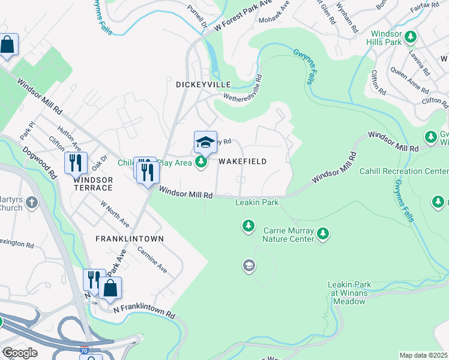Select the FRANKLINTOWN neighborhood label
(x=130, y=238)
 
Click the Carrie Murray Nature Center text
(x=289, y=234)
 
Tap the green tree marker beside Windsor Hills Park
(x=411, y=38)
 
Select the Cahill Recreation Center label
(x=403, y=171)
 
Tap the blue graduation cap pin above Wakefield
(x=205, y=143)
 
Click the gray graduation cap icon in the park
(x=249, y=265)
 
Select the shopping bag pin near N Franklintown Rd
(x=110, y=288)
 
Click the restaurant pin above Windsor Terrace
(x=76, y=163)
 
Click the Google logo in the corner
(x=19, y=352)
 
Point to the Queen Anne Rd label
(x=411, y=79)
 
